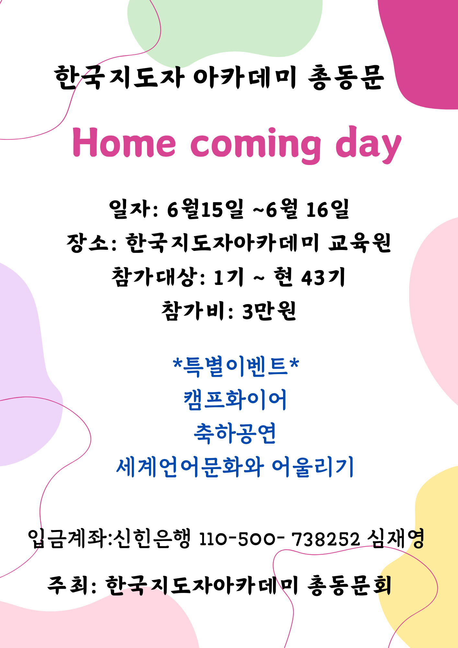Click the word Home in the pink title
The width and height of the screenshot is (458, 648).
point(124,142)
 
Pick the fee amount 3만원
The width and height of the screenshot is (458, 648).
point(269,311)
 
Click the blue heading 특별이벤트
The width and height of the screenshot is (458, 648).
point(235,367)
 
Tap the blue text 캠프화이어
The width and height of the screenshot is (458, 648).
point(235,400)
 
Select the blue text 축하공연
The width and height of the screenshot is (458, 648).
point(235,433)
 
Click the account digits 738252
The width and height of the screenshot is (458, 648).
point(326,539)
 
